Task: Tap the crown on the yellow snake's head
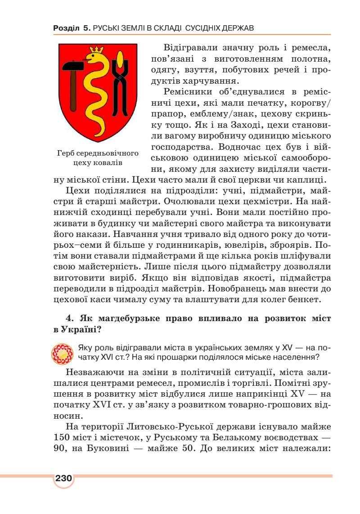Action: [x=95, y=49]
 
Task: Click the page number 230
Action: [x=63, y=478]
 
